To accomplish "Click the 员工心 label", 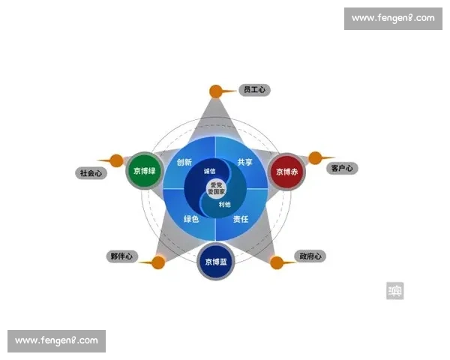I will [253, 90].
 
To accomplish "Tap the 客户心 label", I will [342, 168].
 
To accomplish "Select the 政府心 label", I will [308, 256].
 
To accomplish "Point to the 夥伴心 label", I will [121, 256].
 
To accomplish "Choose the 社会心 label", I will [90, 172].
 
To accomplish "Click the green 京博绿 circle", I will [145, 171].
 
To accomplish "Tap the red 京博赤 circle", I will [286, 172].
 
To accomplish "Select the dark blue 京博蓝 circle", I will [216, 262].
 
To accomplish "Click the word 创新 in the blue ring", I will [184, 162].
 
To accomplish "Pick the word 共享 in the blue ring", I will [245, 162].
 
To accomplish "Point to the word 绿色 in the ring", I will [191, 219].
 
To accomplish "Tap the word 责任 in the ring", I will [240, 219].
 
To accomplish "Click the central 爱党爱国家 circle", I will [216, 187].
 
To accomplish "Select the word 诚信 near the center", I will [209, 172].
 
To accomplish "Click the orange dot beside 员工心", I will [215, 91].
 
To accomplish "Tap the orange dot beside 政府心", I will [277, 262].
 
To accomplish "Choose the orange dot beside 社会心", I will [116, 160].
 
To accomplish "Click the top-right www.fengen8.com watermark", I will [393, 18].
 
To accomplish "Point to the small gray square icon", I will [395, 290].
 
